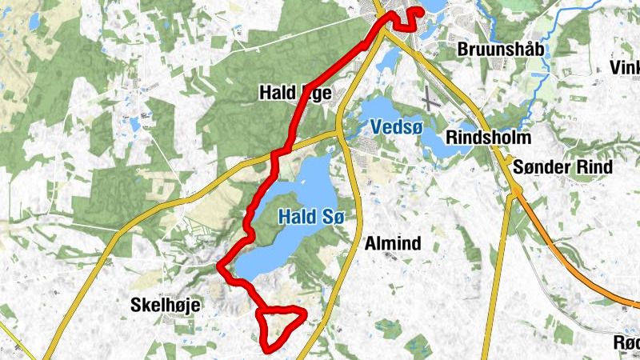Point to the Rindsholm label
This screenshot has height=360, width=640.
[x=488, y=138]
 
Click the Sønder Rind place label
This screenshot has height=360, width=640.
[x=563, y=167]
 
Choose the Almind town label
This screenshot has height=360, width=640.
[x=392, y=242]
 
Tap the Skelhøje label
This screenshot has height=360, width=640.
[x=166, y=305]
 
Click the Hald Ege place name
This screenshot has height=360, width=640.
[x=294, y=93]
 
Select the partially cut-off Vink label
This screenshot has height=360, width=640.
[x=625, y=67]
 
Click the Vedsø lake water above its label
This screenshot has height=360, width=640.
[x=380, y=110]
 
